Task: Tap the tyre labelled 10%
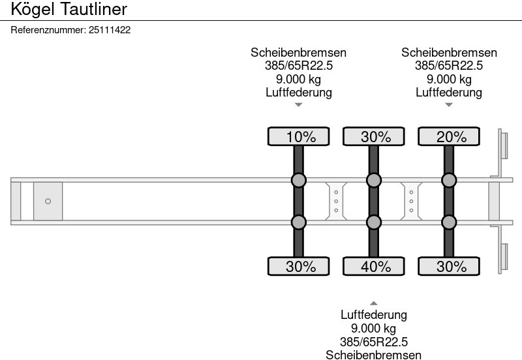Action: coord(299,136)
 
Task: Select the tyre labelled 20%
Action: coord(449,136)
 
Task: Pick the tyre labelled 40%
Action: coord(374,266)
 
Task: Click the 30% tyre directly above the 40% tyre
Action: coord(374,136)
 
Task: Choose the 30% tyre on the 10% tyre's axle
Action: coord(299,266)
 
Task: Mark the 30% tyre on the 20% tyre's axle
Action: coord(449,266)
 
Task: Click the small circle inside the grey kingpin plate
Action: coord(48,201)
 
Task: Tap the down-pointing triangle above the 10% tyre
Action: coord(299,104)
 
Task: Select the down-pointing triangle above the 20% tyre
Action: coord(449,104)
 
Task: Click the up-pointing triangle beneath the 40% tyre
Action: coord(374,303)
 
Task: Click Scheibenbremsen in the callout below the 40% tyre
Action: coord(374,354)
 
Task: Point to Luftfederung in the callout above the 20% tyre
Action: coord(449,92)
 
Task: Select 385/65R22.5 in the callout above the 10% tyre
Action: coord(299,66)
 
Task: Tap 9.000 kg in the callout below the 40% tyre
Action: coord(374,328)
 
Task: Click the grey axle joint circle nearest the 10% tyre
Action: coord(299,180)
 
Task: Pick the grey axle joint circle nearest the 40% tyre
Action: coord(374,222)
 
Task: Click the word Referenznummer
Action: coord(48,30)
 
